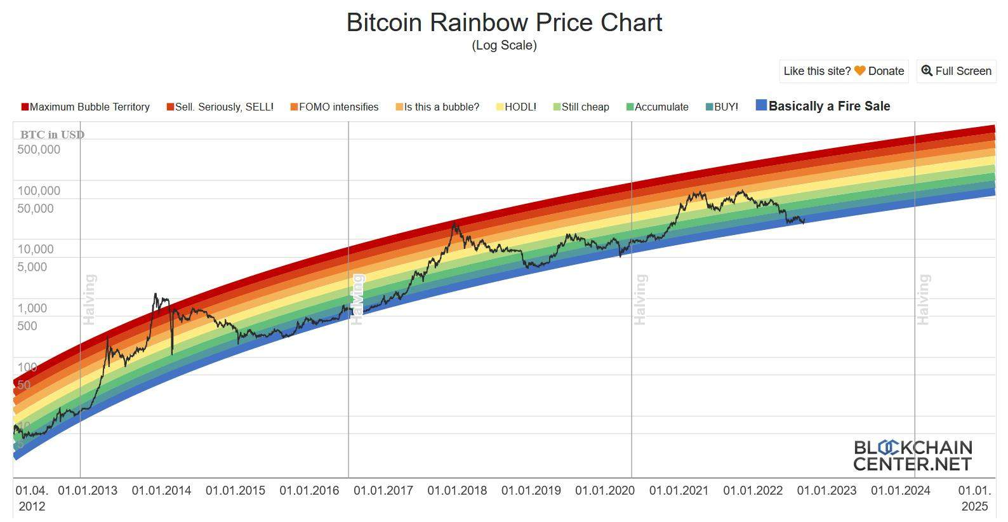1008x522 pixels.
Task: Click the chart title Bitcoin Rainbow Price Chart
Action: pyautogui.click(x=504, y=22)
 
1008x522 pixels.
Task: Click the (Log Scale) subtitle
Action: pyautogui.click(x=504, y=45)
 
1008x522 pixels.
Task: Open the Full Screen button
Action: pyautogui.click(x=957, y=71)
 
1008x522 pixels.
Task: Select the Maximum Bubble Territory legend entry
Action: pyautogui.click(x=86, y=107)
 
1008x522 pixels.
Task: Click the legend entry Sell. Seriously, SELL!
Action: pyautogui.click(x=220, y=107)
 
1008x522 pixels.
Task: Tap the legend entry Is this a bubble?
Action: pyautogui.click(x=437, y=107)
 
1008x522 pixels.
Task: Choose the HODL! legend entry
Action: pyautogui.click(x=517, y=107)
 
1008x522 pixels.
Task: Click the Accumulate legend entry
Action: pyautogui.click(x=658, y=107)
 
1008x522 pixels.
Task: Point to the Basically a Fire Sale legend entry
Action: pyautogui.click(x=823, y=106)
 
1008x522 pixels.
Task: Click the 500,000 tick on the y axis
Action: pyautogui.click(x=39, y=150)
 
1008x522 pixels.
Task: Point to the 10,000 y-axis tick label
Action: pyautogui.click(x=36, y=249)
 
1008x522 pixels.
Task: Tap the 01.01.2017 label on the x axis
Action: pyautogui.click(x=383, y=490)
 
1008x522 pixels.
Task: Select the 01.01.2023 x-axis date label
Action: pyautogui.click(x=826, y=490)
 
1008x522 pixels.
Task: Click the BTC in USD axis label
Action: pyautogui.click(x=52, y=135)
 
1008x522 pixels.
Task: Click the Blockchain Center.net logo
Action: pyautogui.click(x=912, y=455)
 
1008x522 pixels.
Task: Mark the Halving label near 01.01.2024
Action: pyautogui.click(x=924, y=299)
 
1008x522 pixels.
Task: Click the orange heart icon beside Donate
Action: pyautogui.click(x=859, y=71)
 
